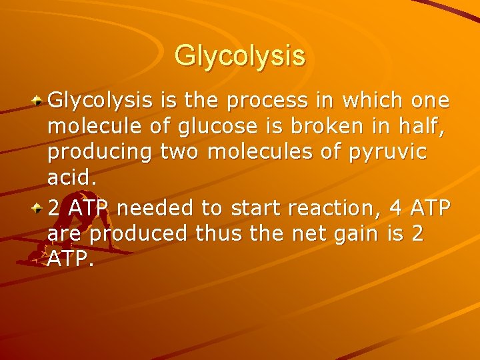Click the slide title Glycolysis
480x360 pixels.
click(x=240, y=55)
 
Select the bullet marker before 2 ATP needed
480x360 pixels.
click(x=39, y=209)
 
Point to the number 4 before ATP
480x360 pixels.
click(x=396, y=208)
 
